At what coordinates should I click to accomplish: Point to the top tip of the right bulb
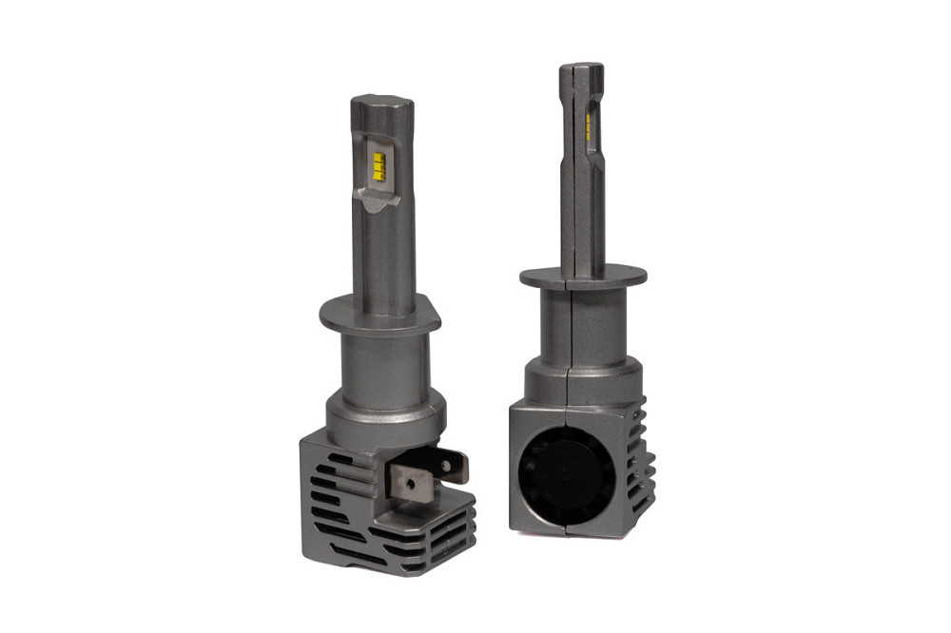click(x=581, y=67)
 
